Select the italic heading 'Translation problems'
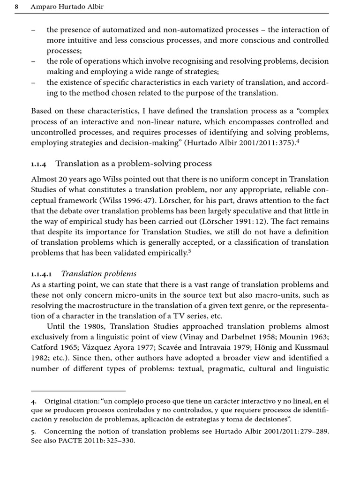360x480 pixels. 99,274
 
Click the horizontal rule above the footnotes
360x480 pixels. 78,390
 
